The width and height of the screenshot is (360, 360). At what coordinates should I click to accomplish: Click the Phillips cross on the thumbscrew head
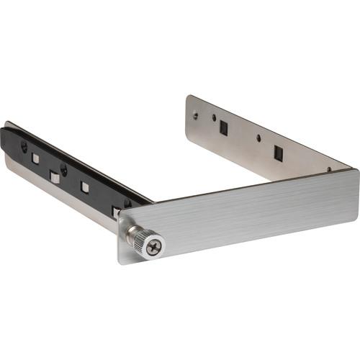click(154, 248)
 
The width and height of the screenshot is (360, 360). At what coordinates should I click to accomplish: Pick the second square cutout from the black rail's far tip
click(55, 175)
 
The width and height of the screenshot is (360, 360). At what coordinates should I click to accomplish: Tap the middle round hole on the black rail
click(64, 170)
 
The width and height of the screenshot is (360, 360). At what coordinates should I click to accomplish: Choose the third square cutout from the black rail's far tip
click(85, 187)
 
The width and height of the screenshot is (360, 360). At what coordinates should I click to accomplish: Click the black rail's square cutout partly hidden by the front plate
click(115, 210)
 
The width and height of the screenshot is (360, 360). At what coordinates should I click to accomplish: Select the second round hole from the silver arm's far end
click(213, 117)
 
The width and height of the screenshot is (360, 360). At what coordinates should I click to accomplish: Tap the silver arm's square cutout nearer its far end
click(224, 127)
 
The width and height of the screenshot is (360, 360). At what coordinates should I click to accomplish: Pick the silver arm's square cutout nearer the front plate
click(278, 153)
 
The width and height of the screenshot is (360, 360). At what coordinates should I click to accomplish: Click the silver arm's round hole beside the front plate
click(329, 170)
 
